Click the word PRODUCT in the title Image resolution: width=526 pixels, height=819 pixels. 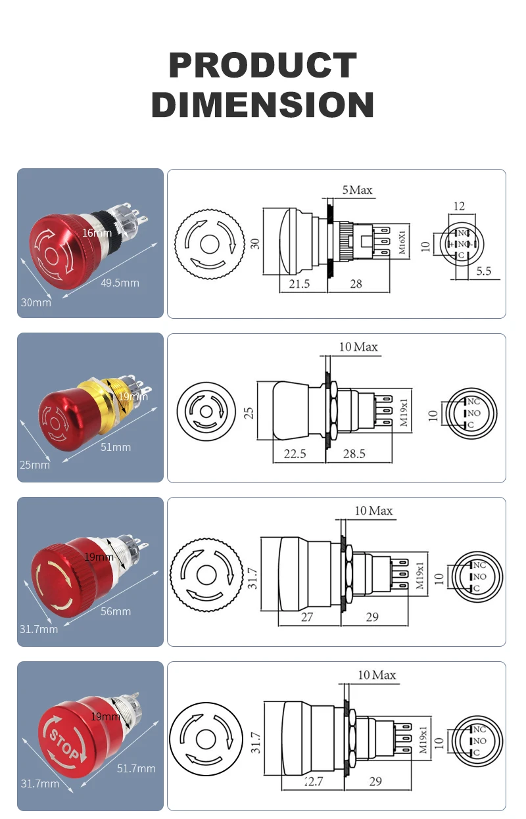click(263, 66)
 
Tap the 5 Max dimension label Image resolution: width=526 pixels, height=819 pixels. click(357, 191)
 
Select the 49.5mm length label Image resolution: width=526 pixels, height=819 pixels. click(120, 283)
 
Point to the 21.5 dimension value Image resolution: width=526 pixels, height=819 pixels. click(299, 284)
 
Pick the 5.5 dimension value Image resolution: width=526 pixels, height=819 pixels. click(483, 271)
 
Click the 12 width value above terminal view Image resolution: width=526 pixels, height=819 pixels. click(459, 206)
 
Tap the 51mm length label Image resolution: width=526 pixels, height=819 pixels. click(115, 447)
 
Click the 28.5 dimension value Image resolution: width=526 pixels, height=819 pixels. click(354, 454)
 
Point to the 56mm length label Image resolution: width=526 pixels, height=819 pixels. click(115, 611)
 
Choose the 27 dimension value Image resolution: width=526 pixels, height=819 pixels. click(307, 617)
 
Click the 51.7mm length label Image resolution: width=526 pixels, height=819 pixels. click(136, 768)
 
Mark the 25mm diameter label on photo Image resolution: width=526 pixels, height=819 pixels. click(35, 465)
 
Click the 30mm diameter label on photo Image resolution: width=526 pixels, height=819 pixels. click(36, 302)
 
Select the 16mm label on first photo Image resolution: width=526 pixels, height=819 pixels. click(97, 232)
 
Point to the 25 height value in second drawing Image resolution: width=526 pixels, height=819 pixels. click(249, 413)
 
